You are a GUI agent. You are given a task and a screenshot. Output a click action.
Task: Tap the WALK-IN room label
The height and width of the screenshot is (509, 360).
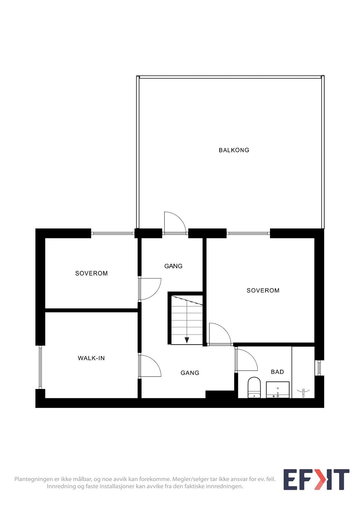[x=91, y=358]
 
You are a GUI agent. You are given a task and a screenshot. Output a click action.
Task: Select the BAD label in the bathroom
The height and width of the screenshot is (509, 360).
[x=277, y=372]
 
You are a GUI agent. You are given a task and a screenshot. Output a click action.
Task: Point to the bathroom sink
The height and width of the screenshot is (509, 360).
[x=278, y=390]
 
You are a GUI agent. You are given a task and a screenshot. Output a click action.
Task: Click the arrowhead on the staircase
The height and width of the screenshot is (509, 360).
[x=187, y=340]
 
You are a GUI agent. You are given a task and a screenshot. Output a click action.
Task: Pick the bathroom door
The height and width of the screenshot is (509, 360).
[x=247, y=360]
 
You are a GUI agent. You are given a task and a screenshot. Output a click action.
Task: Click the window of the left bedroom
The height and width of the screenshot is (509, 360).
[x=113, y=233]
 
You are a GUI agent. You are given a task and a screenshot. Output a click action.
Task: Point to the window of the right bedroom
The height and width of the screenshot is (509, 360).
[x=248, y=233]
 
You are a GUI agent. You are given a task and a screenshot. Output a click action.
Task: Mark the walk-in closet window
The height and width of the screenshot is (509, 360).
[x=40, y=367]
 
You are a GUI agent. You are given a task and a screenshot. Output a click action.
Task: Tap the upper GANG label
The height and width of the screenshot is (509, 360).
[x=173, y=266]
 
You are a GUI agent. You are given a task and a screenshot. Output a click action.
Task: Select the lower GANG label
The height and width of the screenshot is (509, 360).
[x=190, y=373]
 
